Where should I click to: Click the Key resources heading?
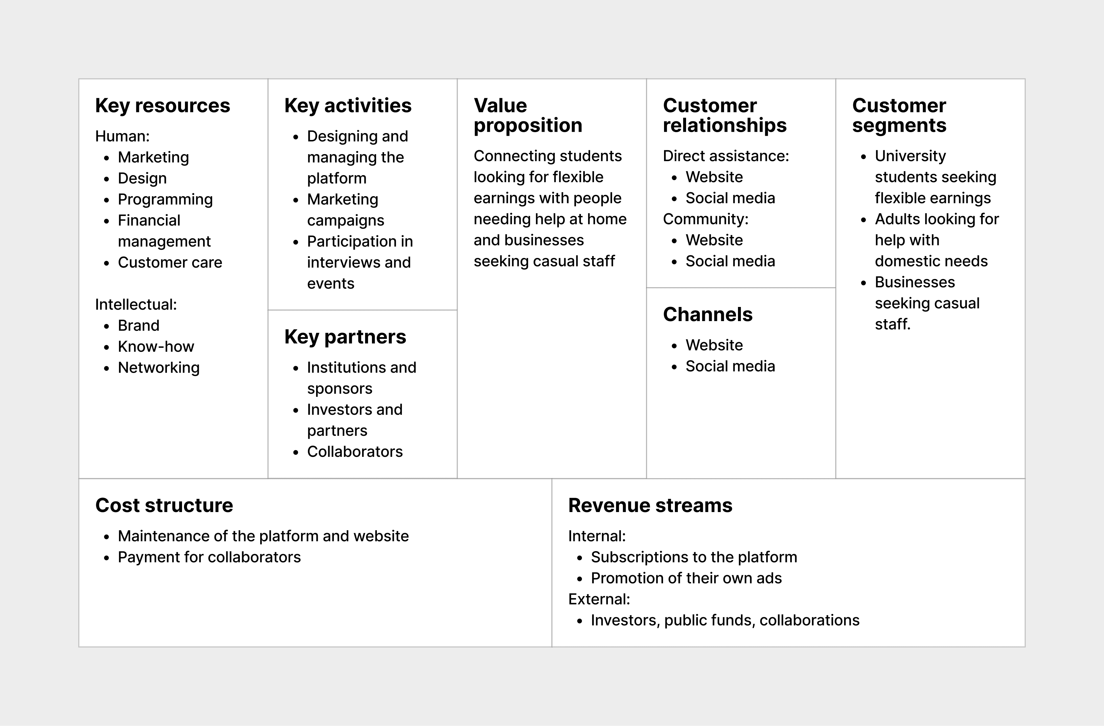162,106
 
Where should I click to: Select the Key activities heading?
348,106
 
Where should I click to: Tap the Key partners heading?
345,337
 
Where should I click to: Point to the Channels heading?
707,315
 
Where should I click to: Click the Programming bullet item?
165,199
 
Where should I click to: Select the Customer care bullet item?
170,263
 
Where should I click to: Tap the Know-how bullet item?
156,346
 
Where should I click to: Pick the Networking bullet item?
159,367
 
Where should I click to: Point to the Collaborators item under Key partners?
355,451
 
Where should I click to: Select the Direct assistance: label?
725,156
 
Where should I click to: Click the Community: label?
705,219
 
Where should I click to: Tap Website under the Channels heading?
714,345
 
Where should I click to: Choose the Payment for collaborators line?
209,557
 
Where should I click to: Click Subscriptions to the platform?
694,557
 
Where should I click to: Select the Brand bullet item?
139,326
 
